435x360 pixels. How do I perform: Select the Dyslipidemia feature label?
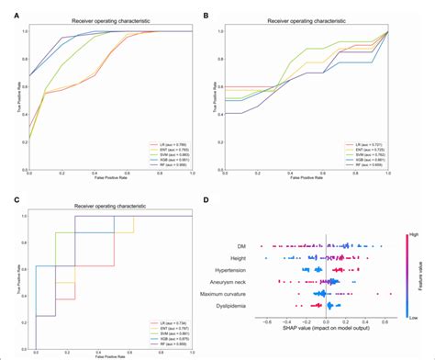(238, 305)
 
